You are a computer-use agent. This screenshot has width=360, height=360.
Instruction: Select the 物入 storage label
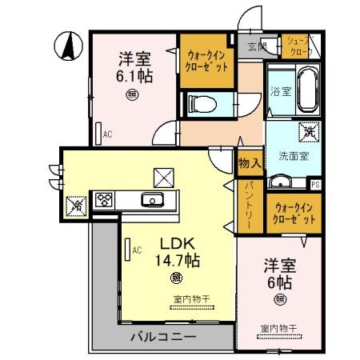coord(249,163)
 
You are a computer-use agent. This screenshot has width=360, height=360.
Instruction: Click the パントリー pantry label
coord(250,206)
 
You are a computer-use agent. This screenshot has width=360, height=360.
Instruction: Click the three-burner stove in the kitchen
coord(105,199)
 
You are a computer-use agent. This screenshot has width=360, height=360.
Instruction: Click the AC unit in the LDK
coord(126,251)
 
